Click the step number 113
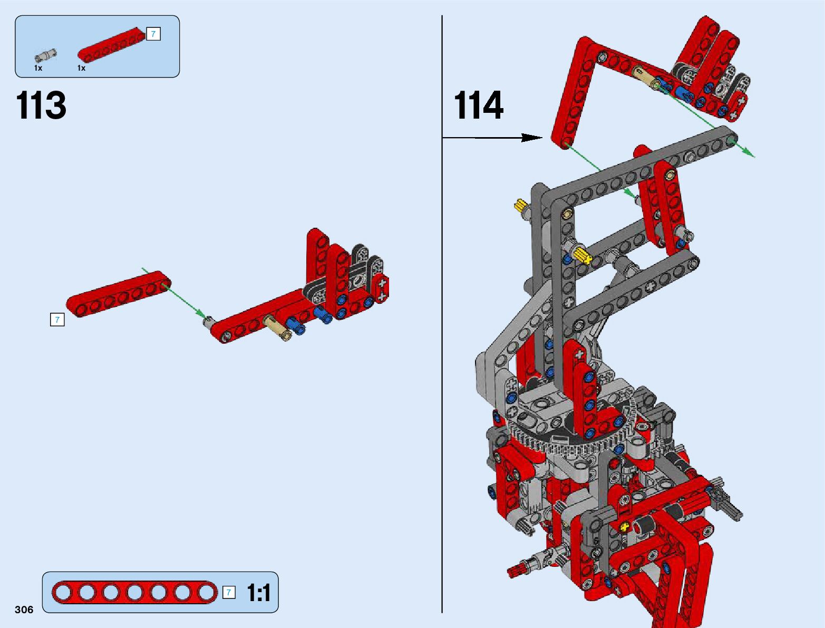point(41,105)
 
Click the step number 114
point(479,105)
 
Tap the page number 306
point(24,610)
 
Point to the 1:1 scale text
point(259,593)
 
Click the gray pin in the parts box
point(45,55)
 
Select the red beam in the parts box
point(112,44)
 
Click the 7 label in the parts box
point(153,34)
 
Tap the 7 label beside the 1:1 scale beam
point(228,592)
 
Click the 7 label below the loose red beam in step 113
point(57,320)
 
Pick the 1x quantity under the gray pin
point(38,68)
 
